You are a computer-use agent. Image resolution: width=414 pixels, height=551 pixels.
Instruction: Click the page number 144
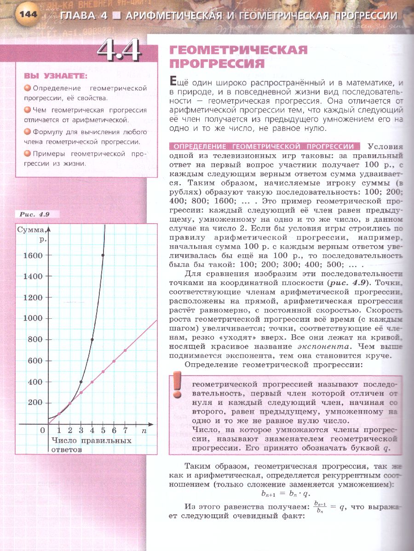pos(28,15)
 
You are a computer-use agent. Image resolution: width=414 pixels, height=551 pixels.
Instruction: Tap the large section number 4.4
pos(119,50)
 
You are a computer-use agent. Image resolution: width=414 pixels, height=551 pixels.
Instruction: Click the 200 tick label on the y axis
pos(35,403)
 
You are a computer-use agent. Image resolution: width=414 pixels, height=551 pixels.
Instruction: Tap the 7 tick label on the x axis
pos(125,431)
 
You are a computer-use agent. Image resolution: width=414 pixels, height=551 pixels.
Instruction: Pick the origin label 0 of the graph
pos(43,431)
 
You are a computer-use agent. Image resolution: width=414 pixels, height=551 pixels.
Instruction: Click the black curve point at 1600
pos(103,255)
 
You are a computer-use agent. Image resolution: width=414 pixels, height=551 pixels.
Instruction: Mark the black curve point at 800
pos(92,340)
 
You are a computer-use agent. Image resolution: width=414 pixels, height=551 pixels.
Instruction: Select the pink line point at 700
pos(125,350)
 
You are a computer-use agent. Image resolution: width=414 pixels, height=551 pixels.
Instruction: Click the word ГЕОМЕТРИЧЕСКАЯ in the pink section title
pos(239,50)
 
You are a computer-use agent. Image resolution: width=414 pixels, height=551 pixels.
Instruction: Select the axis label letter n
pos(144,431)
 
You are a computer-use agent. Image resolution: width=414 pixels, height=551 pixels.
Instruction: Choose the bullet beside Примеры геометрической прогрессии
pos(28,153)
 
